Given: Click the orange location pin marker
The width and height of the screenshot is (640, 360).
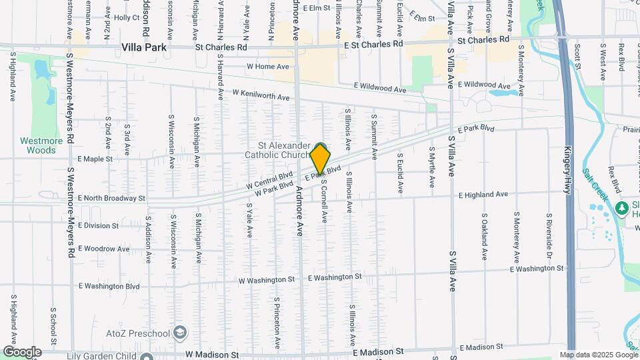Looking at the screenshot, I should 320,159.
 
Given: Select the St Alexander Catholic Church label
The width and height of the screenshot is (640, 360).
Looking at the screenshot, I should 285,151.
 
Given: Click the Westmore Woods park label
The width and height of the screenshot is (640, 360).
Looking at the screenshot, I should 41,145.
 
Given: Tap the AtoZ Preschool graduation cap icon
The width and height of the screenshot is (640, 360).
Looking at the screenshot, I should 179,332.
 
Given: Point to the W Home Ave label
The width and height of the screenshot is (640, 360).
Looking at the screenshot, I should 268,67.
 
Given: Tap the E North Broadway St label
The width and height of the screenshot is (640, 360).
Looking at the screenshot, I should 111,198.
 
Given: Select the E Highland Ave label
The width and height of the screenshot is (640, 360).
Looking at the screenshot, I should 483,195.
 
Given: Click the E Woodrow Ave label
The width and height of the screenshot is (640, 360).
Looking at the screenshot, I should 103,249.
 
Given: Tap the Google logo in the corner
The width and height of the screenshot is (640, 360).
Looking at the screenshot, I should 22,352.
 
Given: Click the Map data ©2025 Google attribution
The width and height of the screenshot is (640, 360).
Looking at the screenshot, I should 598,355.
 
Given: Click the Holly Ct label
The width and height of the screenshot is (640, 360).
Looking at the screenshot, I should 126,17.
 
